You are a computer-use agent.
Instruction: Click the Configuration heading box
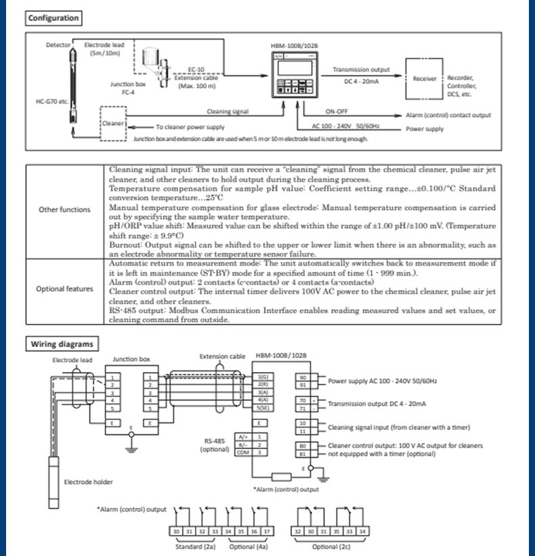coord(53,18)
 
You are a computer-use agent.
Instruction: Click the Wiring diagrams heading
coord(62,344)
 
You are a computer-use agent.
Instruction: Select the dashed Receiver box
coord(424,78)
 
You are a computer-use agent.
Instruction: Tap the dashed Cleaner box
coord(113,123)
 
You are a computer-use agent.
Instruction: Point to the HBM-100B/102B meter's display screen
coord(295,68)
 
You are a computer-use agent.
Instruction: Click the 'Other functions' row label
coord(64,209)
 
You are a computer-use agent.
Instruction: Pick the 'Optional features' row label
coord(64,289)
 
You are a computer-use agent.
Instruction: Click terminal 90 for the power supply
coord(303,377)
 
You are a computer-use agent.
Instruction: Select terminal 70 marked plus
coord(303,400)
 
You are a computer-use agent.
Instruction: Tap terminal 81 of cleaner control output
coord(303,453)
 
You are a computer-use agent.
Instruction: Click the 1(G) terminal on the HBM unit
coord(263,377)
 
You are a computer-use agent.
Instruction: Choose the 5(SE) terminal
coord(263,408)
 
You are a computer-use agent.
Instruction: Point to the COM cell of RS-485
coord(243,453)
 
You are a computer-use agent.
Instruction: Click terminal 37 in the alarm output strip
coord(267,531)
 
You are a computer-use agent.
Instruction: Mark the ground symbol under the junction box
coord(131,450)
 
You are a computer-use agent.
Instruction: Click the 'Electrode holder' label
coord(89,482)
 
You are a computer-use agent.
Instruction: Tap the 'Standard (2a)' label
coord(195,547)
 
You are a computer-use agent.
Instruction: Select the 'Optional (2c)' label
coord(330,547)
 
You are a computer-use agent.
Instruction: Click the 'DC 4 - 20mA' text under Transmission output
coord(362,81)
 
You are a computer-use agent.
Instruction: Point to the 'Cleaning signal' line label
coord(228,112)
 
